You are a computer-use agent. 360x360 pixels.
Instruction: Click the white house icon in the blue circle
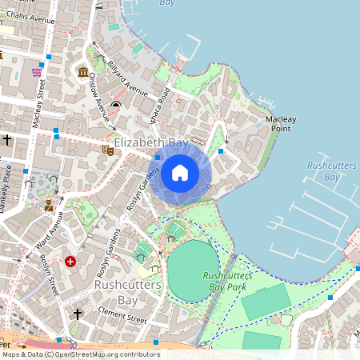pos(179,172)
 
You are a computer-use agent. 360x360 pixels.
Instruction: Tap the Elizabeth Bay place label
pos(151,142)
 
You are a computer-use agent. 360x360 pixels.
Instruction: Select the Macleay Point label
pos(281,123)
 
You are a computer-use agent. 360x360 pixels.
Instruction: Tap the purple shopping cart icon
pos(37,72)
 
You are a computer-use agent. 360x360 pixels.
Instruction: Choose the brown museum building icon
pos(83,74)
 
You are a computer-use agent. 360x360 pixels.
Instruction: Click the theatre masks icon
pos(106,149)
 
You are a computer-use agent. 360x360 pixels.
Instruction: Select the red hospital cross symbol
pos(71,261)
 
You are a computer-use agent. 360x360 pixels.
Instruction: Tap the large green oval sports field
pos(193,270)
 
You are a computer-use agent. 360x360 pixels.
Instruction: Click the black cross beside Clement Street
pos(78,313)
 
